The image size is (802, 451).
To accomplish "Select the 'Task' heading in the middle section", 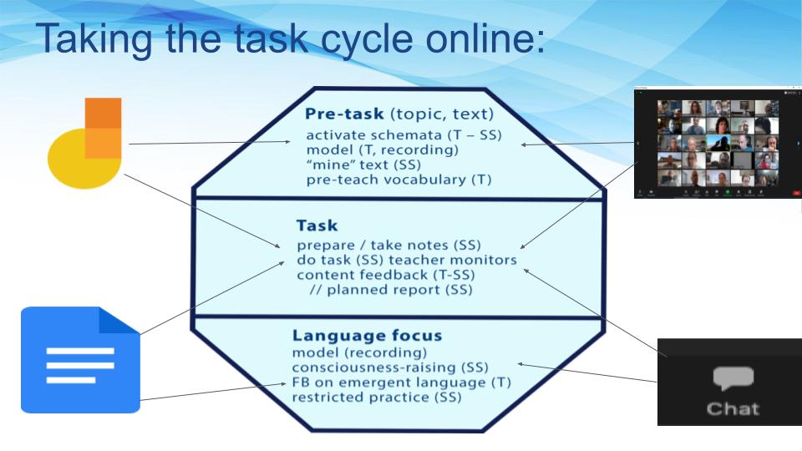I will click(x=317, y=225).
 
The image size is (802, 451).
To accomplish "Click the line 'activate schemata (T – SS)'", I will click(x=403, y=134).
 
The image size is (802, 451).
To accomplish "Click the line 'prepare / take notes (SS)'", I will click(x=388, y=246).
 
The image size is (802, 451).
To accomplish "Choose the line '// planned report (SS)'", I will click(x=391, y=290).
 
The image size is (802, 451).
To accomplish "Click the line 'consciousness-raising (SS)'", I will click(x=390, y=367).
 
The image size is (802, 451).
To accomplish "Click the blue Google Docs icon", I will click(x=80, y=360).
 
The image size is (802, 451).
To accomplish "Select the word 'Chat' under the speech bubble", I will click(x=732, y=408).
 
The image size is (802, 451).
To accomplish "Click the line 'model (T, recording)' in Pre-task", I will click(x=381, y=149).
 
